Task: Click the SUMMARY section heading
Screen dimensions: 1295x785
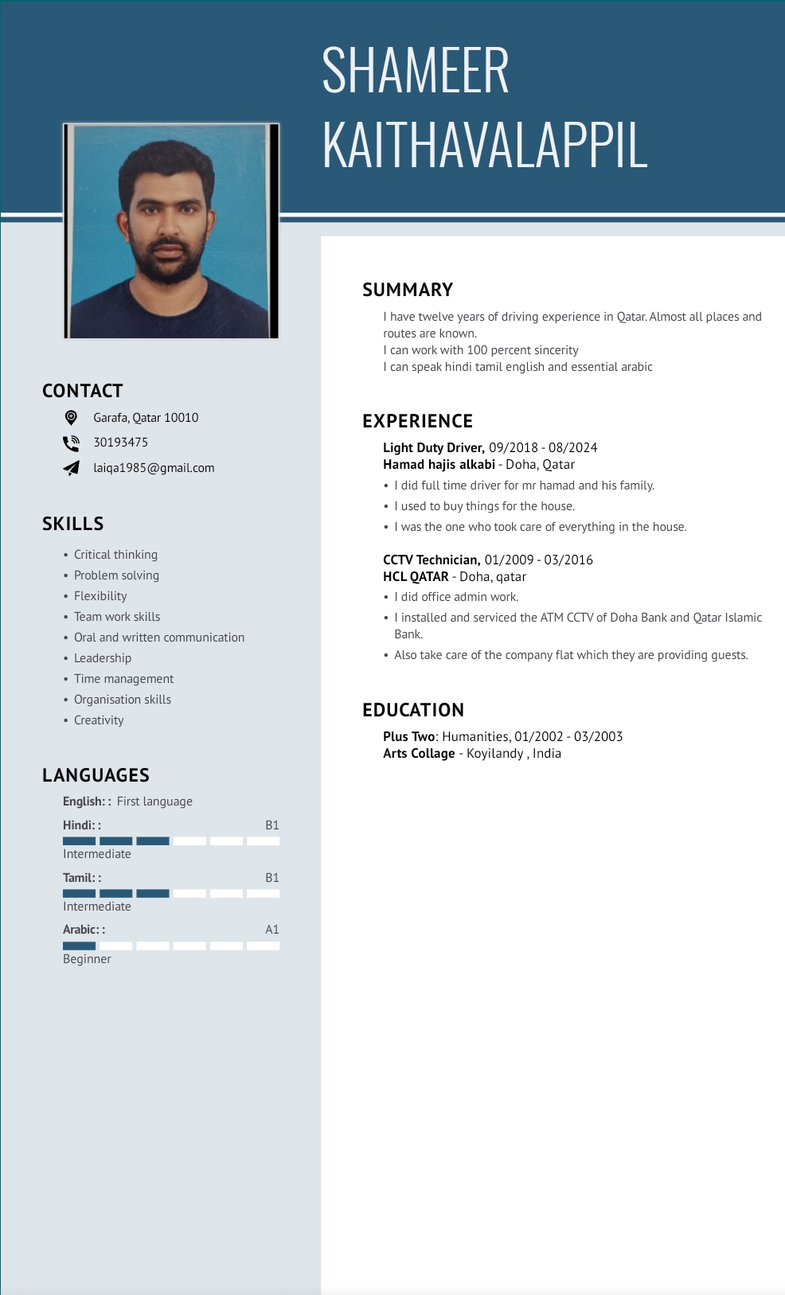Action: [x=408, y=290]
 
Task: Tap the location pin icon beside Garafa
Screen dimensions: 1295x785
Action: [x=71, y=417]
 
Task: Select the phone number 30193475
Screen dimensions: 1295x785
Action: [x=121, y=443]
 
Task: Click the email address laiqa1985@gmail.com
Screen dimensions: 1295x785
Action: [x=154, y=468]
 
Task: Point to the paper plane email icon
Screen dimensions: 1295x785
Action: [x=71, y=468]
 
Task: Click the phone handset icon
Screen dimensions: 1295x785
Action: [x=71, y=443]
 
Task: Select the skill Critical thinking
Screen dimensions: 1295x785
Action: [x=115, y=555]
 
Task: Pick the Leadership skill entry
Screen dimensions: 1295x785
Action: [x=103, y=658]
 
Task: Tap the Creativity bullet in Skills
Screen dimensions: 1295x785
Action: [x=99, y=720]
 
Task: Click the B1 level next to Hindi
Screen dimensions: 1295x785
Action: [x=272, y=825]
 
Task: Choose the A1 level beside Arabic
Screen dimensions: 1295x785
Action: [x=272, y=930]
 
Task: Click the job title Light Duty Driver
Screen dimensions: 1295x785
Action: [x=433, y=448]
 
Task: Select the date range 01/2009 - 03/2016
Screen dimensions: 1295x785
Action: [x=539, y=560]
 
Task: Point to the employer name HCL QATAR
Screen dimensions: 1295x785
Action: [x=416, y=577]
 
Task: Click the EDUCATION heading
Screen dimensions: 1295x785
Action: [x=413, y=710]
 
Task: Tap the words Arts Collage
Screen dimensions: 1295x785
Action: [x=419, y=754]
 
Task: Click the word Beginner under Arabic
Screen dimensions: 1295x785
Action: [x=87, y=959]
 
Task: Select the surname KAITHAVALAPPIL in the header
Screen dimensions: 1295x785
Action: [x=485, y=146]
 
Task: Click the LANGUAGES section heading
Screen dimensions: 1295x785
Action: [x=96, y=775]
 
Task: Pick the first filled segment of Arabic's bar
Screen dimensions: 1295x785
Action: [x=79, y=946]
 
